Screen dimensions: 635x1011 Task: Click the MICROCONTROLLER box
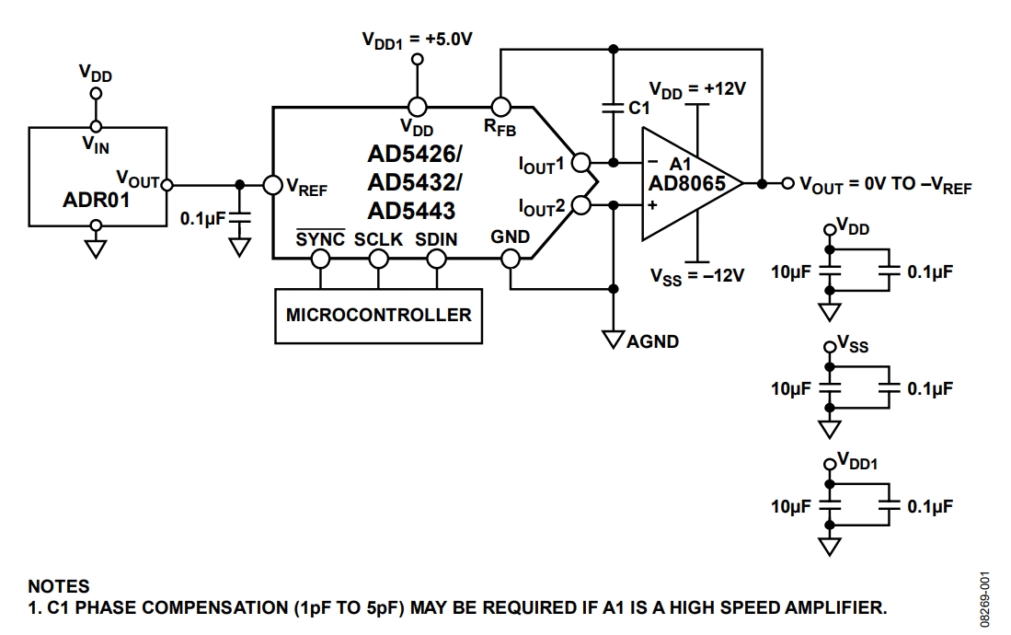pos(378,315)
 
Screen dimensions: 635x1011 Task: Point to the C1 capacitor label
pos(639,108)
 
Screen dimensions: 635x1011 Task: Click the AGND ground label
pos(652,341)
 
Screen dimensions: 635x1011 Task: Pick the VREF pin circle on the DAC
pos(272,185)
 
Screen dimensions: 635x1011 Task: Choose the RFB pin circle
pos(501,107)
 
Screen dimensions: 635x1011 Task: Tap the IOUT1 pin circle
pos(580,164)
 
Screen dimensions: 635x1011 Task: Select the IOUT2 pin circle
pos(580,205)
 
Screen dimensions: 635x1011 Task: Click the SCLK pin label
pos(378,238)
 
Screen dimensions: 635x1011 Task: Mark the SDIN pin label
pos(437,238)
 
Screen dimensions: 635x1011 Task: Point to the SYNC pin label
pos(320,238)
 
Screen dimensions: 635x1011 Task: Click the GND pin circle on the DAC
pos(511,259)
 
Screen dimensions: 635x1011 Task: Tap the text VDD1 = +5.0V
pos(418,40)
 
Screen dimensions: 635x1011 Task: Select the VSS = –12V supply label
pos(696,274)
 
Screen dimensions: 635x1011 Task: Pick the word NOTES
pos(59,586)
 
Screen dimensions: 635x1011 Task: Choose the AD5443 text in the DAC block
pos(411,211)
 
